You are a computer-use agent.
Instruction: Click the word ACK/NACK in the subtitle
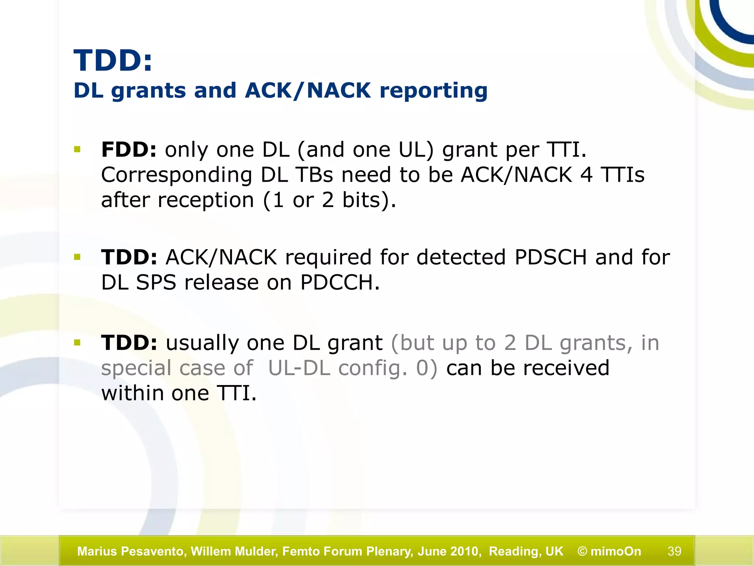pyautogui.click(x=308, y=90)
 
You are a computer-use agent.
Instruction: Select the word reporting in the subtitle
pyautogui.click(x=433, y=91)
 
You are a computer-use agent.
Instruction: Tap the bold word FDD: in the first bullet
pyautogui.click(x=129, y=150)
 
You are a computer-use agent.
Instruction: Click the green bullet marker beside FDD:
pyautogui.click(x=77, y=150)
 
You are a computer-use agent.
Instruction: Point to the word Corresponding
pyautogui.click(x=177, y=175)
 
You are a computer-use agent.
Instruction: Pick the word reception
pyautogui.click(x=206, y=201)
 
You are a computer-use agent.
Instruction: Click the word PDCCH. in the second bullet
pyautogui.click(x=339, y=283)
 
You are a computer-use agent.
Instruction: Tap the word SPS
pyautogui.click(x=156, y=283)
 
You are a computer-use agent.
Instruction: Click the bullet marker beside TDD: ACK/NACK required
pyautogui.click(x=77, y=257)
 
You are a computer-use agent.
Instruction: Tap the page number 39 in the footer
pyautogui.click(x=674, y=551)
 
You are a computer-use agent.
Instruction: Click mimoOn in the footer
pyautogui.click(x=616, y=551)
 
